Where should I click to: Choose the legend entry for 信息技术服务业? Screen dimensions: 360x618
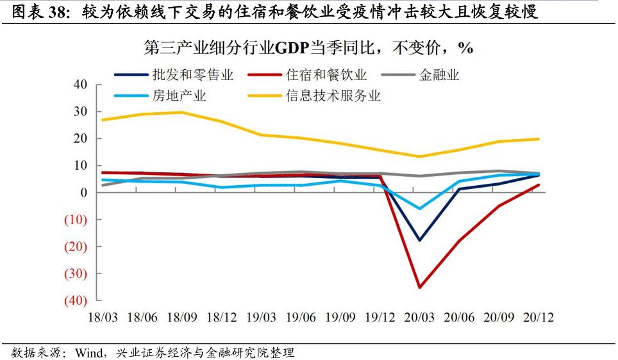coord(333,96)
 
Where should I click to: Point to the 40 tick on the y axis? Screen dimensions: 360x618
coord(80,85)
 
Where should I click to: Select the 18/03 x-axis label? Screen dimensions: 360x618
coord(103,317)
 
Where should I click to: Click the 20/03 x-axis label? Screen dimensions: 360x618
coord(420,317)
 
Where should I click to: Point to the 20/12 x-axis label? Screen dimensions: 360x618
coord(539,317)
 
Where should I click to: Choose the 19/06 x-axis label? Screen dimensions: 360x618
coord(301,317)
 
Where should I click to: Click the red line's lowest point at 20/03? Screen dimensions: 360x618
coord(420,287)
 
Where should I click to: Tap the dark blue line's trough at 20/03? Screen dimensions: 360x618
coord(420,240)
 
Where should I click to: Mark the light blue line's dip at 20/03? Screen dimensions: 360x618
coord(420,208)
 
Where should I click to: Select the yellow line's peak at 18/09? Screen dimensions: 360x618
coord(181,112)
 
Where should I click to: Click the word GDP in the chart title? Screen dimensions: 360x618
coord(291,48)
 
